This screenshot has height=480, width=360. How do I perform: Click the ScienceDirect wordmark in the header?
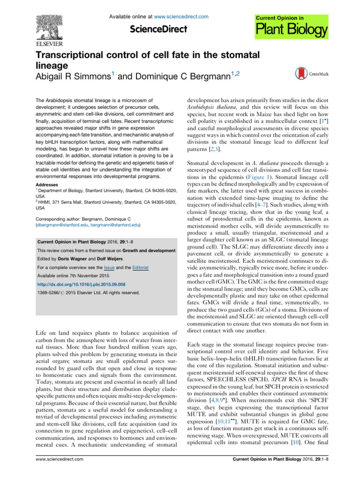click(158, 30)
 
